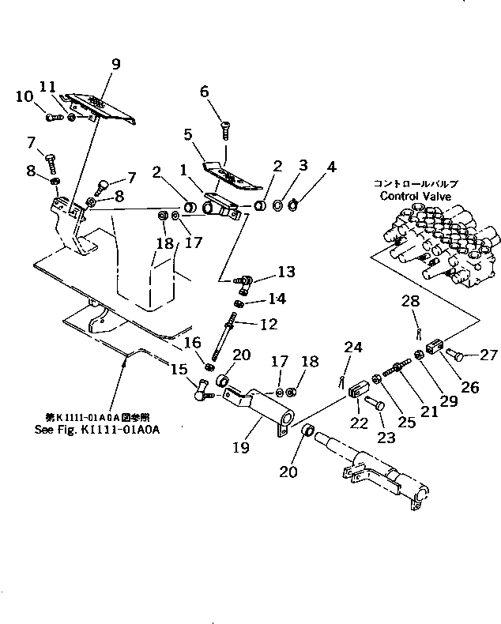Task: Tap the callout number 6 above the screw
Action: coord(205,92)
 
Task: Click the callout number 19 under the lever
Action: coord(242,448)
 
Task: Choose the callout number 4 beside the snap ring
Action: coord(332,167)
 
